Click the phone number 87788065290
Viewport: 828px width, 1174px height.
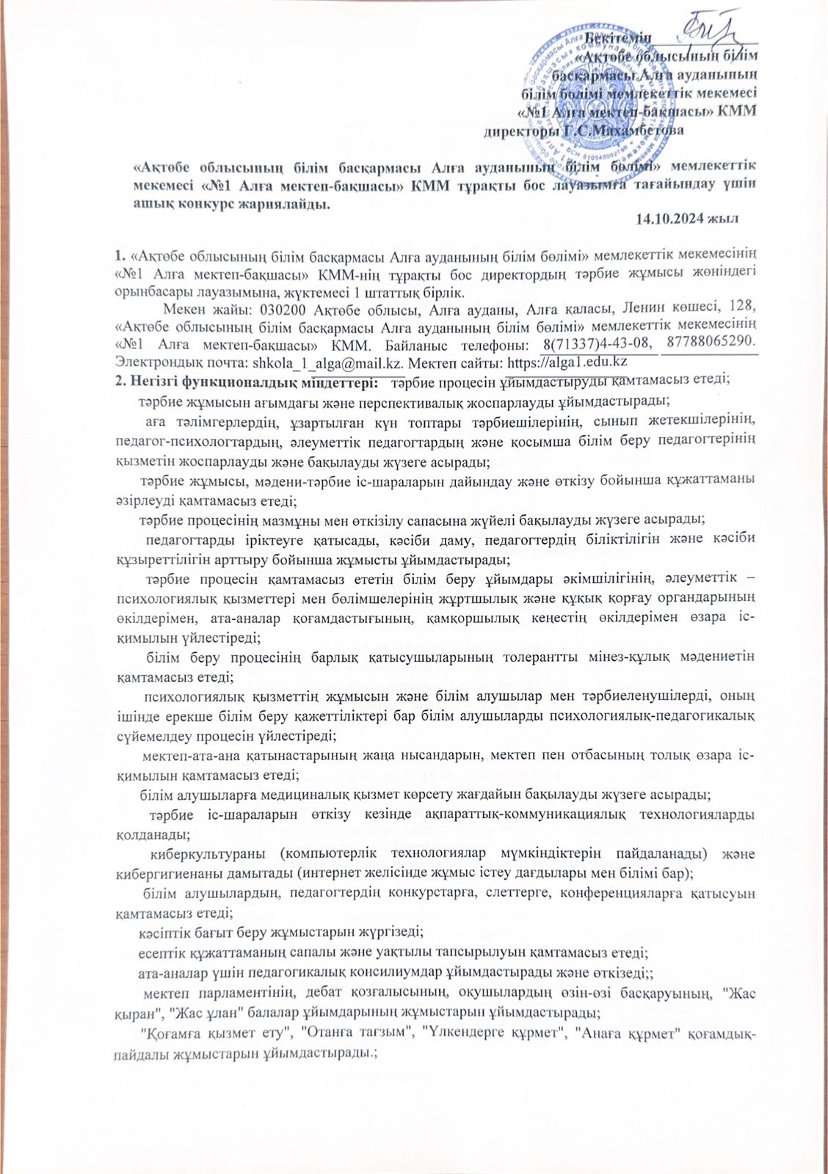709,343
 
